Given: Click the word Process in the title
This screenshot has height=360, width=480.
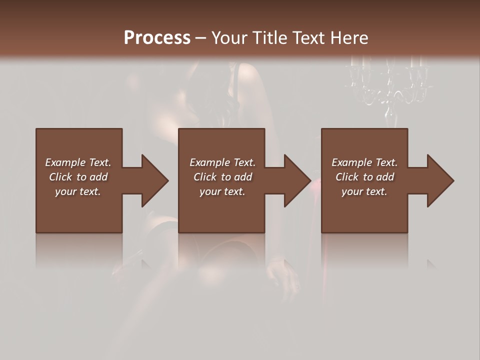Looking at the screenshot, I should point(157,38).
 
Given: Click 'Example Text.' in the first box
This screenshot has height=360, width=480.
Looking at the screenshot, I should point(78,162).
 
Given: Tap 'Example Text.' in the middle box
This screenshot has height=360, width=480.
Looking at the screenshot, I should point(222,162).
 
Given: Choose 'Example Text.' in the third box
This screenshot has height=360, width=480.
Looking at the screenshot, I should point(364,162).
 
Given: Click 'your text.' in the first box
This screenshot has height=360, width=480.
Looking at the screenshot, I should point(78,191).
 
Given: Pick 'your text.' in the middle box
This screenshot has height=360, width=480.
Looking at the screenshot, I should point(222,191).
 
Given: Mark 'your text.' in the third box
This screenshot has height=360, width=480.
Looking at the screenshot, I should point(364,191).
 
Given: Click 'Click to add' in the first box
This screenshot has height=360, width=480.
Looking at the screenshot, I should point(78,177).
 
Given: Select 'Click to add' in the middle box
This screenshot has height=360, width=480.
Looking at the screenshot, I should point(222,177).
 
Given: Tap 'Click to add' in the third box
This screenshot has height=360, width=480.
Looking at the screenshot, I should point(364,177).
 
